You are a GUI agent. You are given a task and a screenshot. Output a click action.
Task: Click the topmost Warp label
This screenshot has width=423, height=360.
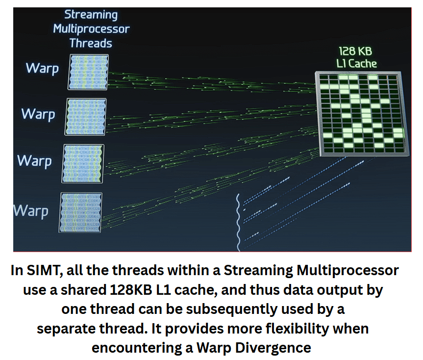click(42, 68)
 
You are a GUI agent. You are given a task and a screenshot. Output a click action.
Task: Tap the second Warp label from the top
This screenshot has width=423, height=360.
click(38, 114)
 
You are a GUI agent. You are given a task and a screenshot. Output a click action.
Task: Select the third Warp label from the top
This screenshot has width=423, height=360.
click(34, 161)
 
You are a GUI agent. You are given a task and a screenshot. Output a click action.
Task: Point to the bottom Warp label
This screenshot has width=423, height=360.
click(31, 211)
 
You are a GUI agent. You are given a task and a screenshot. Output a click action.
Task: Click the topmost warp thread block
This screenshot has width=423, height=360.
click(88, 72)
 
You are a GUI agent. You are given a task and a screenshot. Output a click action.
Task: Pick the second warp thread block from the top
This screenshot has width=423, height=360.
click(85, 117)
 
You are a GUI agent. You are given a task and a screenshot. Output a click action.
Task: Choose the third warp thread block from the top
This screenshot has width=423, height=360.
click(82, 164)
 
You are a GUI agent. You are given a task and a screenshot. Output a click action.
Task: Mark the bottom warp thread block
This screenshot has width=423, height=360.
click(80, 213)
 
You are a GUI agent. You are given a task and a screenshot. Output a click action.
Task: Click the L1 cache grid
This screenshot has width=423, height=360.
click(362, 114)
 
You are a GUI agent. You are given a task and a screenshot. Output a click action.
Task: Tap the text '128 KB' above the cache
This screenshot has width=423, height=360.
click(355, 51)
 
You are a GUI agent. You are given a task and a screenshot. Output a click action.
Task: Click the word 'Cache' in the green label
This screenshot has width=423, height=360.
click(362, 64)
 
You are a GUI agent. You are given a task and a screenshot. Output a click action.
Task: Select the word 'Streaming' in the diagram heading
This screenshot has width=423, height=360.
click(91, 15)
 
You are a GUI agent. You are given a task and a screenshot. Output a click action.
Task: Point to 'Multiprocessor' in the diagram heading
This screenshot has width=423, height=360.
click(91, 29)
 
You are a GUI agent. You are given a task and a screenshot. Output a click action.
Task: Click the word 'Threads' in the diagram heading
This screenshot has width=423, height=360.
click(91, 43)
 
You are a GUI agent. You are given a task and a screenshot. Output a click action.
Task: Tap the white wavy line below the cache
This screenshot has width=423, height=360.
click(238, 222)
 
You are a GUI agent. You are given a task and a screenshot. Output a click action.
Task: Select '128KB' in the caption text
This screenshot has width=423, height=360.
click(131, 290)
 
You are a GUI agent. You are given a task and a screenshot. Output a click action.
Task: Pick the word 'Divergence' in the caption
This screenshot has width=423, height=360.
click(273, 348)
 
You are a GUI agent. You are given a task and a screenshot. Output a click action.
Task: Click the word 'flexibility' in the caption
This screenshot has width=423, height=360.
click(297, 329)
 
